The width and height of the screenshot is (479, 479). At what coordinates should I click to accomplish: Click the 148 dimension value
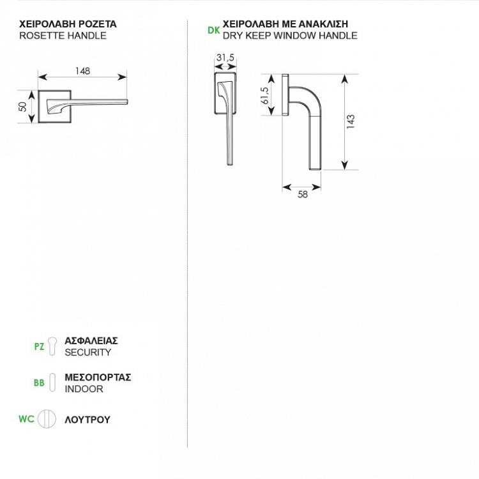coord(82,72)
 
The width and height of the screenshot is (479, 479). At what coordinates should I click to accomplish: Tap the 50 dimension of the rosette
coord(23,106)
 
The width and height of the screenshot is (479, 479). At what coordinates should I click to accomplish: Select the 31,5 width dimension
coord(225,58)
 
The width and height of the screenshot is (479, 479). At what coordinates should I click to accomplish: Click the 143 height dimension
coord(351,122)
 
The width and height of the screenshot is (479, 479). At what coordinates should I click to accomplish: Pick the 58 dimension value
coord(303,195)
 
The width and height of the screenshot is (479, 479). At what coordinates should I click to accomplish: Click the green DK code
coord(214,30)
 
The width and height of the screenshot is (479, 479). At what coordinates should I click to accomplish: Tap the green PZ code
coord(39,347)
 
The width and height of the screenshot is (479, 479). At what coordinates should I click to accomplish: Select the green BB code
coord(39,383)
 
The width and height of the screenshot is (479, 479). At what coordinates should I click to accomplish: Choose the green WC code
coord(26,420)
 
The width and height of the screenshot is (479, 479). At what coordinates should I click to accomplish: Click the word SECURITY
coord(88,353)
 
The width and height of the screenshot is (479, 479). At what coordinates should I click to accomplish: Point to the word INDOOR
coord(84,389)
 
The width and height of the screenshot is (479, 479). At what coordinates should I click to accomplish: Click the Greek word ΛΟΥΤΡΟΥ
coord(87,420)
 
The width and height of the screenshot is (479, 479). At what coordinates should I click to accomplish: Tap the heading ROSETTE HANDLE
coord(63,36)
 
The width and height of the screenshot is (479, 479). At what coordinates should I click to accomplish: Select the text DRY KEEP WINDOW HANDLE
coord(290,36)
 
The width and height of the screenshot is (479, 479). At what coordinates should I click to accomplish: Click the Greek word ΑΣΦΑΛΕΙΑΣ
coord(91,341)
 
